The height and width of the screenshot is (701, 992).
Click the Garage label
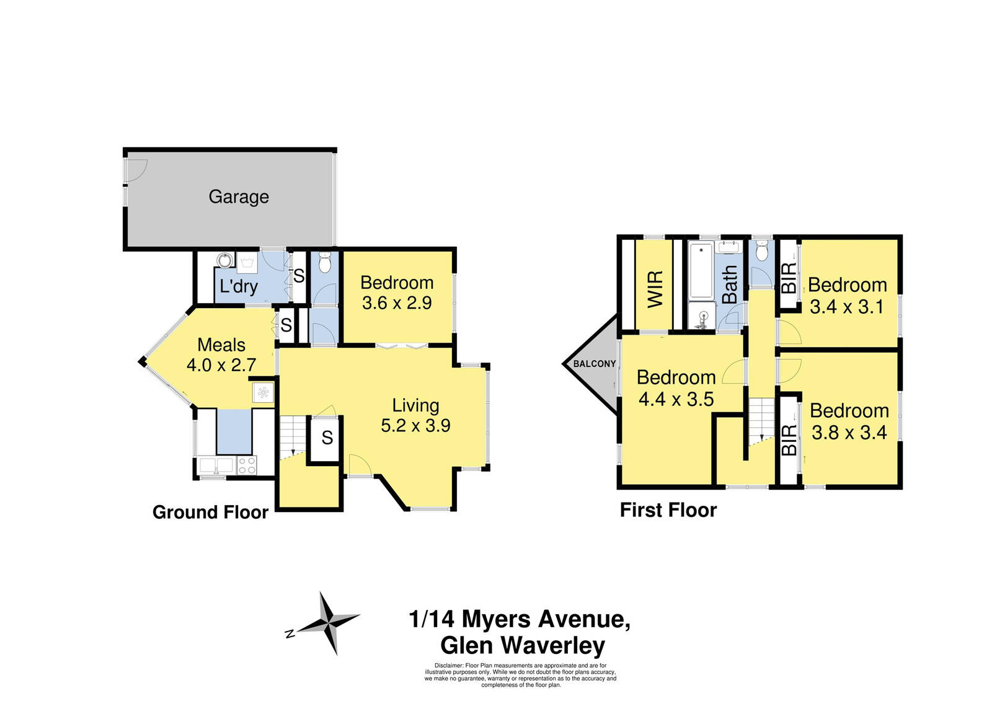tap(239, 197)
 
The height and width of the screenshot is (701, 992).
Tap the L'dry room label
tap(239, 286)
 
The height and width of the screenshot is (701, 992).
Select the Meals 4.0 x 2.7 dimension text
tap(221, 365)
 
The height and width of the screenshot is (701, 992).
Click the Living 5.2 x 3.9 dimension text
tap(415, 426)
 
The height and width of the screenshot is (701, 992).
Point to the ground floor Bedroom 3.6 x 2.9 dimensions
tap(397, 303)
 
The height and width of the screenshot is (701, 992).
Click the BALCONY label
tap(594, 364)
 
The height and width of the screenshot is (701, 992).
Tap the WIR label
tap(655, 289)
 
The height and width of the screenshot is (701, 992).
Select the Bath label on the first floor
tap(730, 284)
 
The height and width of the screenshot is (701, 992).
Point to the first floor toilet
tap(762, 252)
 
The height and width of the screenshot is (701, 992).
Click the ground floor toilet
tap(325, 263)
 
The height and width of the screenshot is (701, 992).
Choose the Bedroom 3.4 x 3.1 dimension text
tap(847, 307)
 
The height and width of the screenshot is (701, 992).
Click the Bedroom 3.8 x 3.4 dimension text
tap(849, 433)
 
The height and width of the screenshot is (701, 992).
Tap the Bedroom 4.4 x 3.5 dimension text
tap(676, 399)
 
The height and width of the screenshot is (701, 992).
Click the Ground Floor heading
tap(210, 513)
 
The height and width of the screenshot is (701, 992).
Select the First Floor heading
tap(668, 510)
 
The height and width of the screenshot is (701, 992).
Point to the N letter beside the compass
tap(289, 634)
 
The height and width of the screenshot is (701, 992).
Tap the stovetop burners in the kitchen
tap(247, 465)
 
